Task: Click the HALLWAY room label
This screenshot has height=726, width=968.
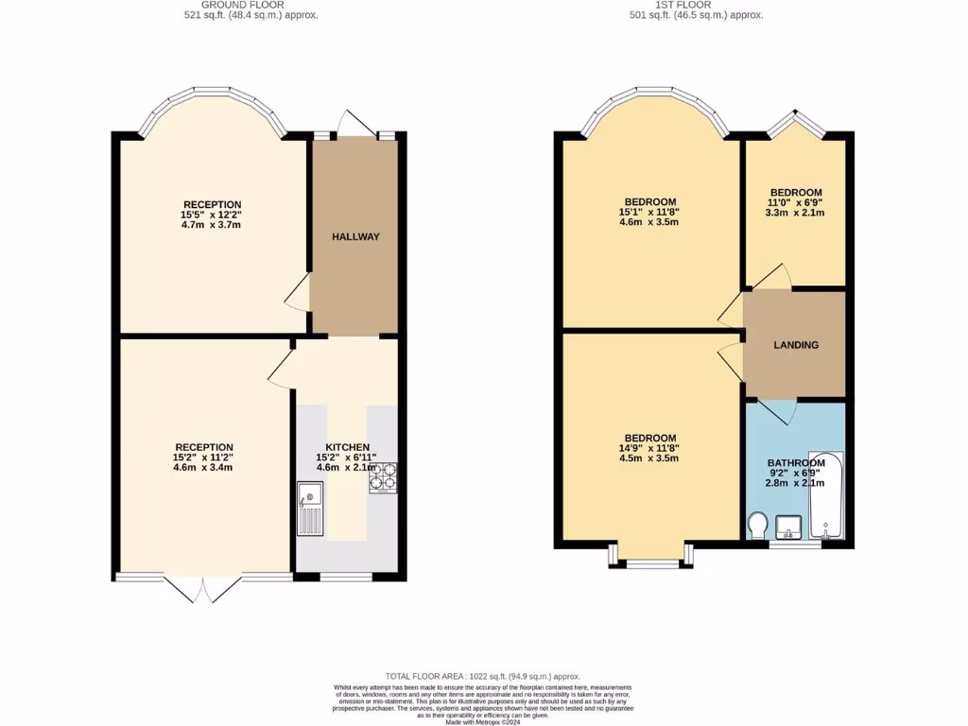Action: click(355, 236)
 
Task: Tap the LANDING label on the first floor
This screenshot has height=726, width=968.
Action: click(796, 345)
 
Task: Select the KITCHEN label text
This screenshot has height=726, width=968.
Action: click(347, 447)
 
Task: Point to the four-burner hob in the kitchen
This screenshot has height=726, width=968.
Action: click(383, 477)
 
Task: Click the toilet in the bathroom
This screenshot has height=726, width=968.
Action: click(757, 526)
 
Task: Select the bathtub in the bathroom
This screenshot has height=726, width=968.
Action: click(825, 496)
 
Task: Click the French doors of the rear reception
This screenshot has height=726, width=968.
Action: click(202, 586)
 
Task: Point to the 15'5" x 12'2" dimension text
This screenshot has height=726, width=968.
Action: click(212, 215)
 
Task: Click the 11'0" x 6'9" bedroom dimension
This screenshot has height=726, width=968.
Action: click(795, 202)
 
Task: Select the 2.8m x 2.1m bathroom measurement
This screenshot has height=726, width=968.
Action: click(795, 483)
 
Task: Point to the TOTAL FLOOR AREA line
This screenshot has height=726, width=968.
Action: click(483, 677)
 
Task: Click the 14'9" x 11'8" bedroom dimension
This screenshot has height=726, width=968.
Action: click(648, 448)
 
